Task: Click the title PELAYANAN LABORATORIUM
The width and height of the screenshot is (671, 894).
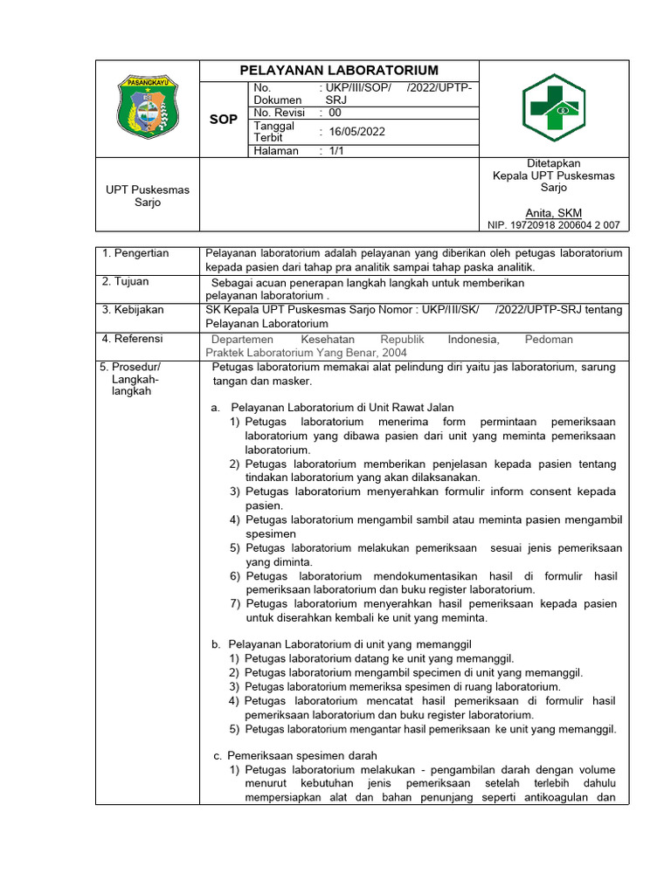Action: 340,70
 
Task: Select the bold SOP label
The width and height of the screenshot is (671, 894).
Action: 224,119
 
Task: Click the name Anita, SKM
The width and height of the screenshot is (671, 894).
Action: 553,212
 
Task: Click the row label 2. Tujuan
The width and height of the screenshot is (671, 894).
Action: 126,281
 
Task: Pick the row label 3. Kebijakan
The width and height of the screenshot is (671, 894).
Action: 133,309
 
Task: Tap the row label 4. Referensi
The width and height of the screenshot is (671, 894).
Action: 133,338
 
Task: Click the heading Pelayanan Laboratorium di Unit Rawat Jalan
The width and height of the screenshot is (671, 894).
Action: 342,408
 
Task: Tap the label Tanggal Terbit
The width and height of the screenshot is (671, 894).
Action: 273,132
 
